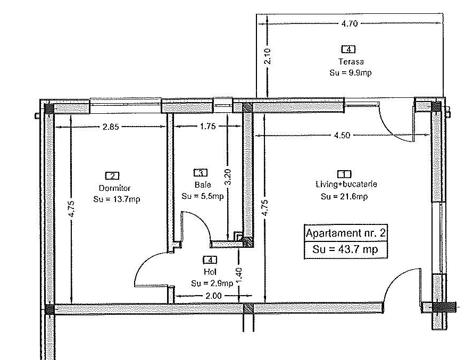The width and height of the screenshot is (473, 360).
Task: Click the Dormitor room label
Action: point(114,188)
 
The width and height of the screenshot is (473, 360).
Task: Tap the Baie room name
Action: point(203,184)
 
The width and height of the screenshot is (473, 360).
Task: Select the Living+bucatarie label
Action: point(346,184)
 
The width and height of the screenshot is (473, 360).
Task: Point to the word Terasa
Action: point(351,62)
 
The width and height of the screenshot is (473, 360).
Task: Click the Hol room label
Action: point(210,272)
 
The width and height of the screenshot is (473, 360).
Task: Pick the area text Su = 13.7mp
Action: point(117,199)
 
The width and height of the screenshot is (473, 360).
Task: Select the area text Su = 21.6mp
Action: point(344,197)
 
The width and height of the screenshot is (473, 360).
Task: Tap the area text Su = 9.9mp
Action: point(351,73)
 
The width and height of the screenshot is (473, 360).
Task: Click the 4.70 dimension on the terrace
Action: point(350,23)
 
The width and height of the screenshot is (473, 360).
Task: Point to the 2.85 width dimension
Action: point(111,127)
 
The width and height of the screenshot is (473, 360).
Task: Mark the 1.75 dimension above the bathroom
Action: point(208,126)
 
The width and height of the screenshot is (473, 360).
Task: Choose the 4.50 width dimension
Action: point(342,136)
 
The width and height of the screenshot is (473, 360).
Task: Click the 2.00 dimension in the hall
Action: point(213,296)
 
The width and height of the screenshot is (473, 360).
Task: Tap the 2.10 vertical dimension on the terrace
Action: point(267,56)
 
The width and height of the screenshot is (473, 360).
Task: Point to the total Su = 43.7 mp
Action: point(345,249)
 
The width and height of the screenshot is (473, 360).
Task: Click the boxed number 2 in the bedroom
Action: point(112,175)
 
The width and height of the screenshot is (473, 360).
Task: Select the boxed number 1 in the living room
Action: point(344,174)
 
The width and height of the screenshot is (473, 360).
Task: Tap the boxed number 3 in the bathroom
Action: point(200,173)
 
